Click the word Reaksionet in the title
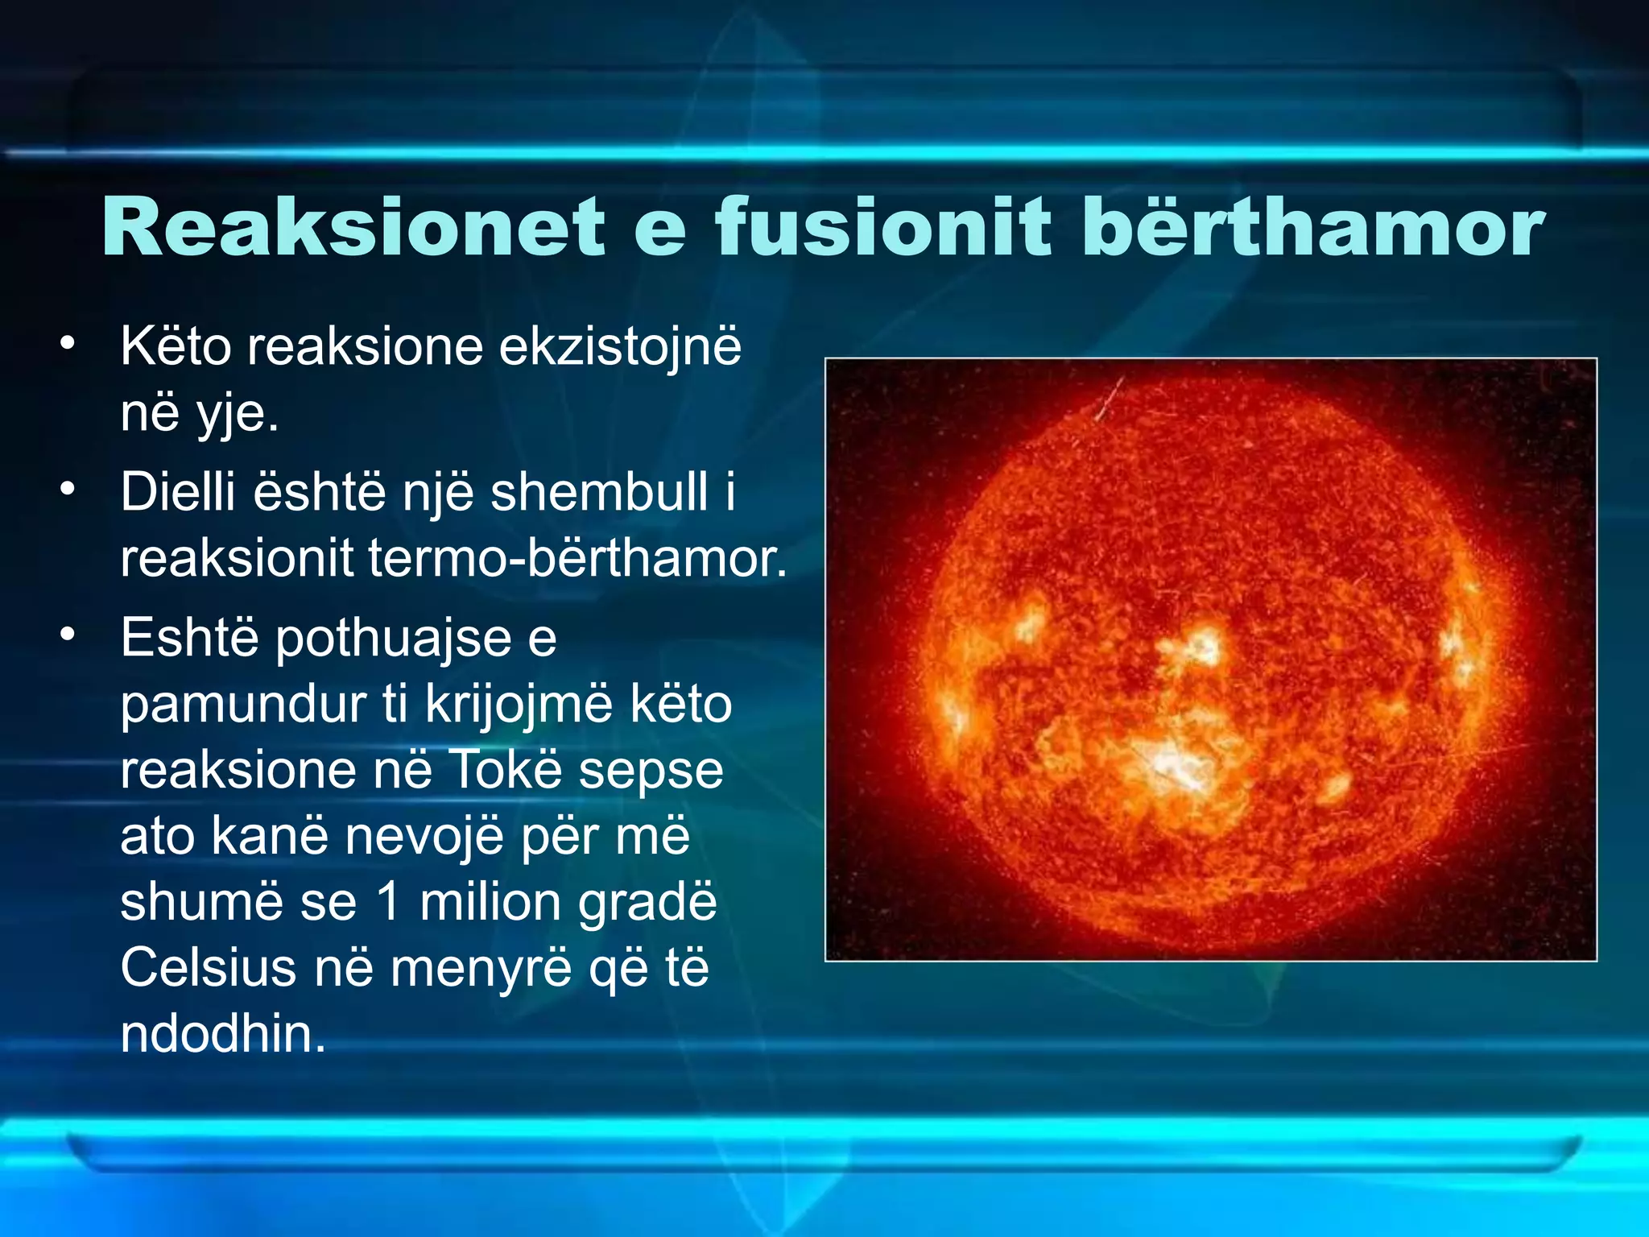click(x=353, y=228)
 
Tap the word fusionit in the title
click(x=883, y=228)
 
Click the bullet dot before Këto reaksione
click(x=68, y=344)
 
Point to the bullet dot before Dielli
click(x=68, y=489)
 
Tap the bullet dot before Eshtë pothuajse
click(x=68, y=635)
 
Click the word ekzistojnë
click(x=620, y=348)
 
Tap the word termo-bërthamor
click(x=577, y=558)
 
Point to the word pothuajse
click(x=394, y=639)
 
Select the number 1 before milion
click(x=387, y=902)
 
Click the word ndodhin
click(x=222, y=1034)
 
